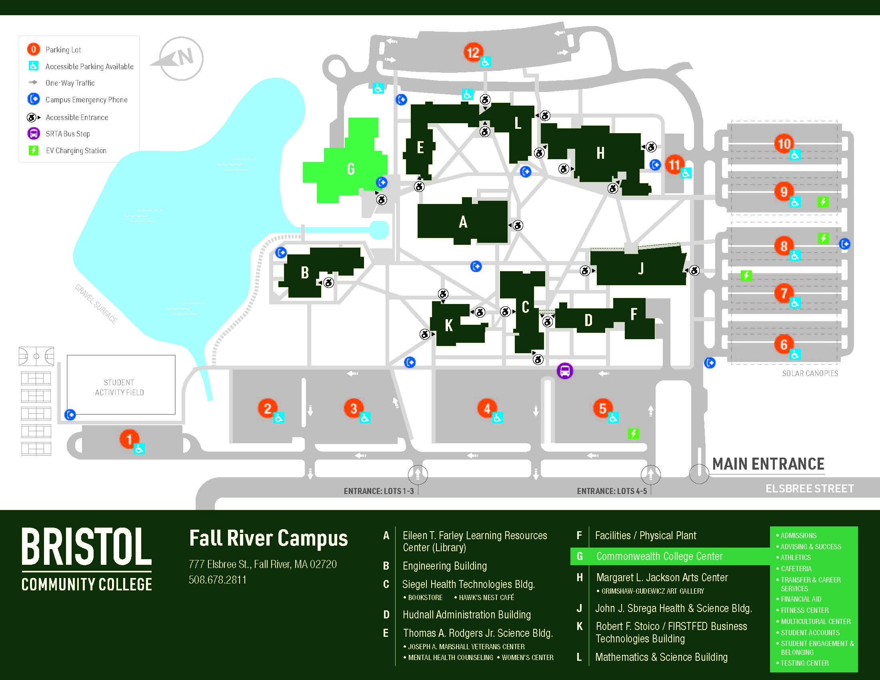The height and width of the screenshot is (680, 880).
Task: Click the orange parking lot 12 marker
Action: click(x=473, y=52)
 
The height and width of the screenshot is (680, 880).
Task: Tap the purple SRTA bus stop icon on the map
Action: click(x=564, y=371)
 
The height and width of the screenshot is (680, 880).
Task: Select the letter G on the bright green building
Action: click(x=350, y=169)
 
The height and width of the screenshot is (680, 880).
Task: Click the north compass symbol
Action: click(x=181, y=58)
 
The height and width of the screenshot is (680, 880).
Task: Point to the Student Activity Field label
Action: click(x=119, y=387)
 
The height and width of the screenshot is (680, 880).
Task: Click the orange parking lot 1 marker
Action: click(x=129, y=439)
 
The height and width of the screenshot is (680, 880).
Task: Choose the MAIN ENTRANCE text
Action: click(x=768, y=464)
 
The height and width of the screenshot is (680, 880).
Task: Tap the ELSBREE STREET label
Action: click(x=810, y=489)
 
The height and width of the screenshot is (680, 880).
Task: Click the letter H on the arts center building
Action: click(x=600, y=153)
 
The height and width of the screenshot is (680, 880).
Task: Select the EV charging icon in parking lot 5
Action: click(x=633, y=434)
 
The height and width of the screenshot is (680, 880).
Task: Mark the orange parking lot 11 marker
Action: click(x=674, y=164)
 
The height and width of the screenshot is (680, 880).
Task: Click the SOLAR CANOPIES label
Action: click(x=810, y=374)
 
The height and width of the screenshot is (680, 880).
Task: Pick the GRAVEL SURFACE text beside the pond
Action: click(x=96, y=304)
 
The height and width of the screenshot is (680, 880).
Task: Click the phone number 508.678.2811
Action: click(x=218, y=580)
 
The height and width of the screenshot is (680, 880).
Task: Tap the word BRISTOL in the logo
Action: click(x=87, y=547)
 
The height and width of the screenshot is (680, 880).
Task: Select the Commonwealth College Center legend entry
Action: click(x=659, y=556)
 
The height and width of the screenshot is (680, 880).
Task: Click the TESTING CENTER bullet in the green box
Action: click(x=804, y=663)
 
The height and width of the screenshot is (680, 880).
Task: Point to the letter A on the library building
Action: click(x=463, y=222)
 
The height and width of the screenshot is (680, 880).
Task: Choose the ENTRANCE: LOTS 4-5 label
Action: click(x=612, y=491)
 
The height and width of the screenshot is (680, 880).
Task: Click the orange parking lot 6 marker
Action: click(x=784, y=344)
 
